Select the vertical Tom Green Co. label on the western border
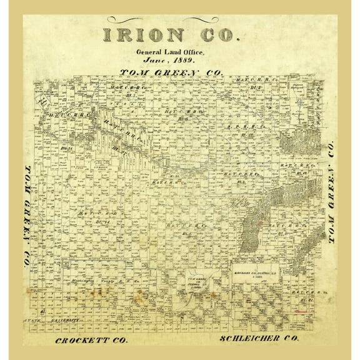pyautogui.click(x=27, y=213)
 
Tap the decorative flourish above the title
pyautogui.click(x=180, y=19)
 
